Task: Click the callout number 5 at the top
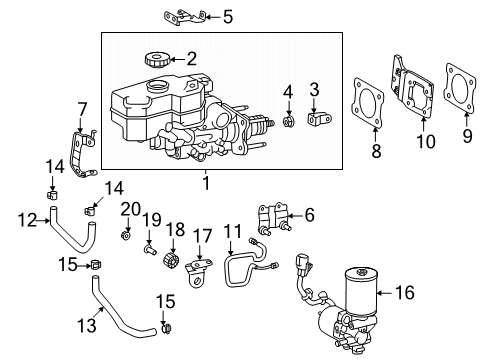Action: (227, 16)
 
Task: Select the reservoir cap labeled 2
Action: (157, 59)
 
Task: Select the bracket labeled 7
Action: (86, 147)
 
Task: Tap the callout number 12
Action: (27, 219)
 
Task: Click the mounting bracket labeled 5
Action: (185, 17)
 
